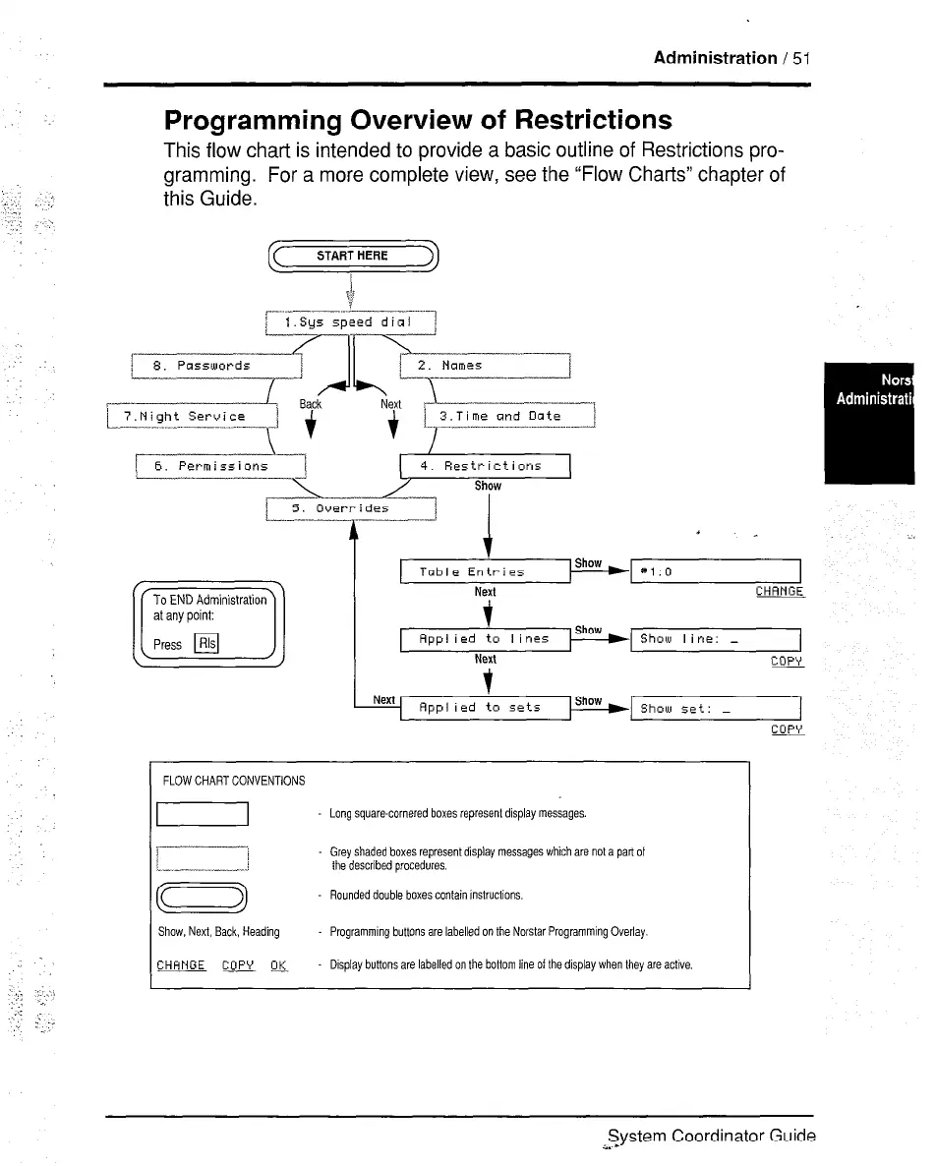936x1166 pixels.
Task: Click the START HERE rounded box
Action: (352, 257)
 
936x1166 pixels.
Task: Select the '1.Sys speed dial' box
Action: (351, 322)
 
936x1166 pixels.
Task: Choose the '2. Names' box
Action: (486, 366)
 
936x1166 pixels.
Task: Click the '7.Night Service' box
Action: (193, 417)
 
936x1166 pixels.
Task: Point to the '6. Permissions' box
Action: (221, 466)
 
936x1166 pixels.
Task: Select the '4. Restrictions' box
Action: (486, 466)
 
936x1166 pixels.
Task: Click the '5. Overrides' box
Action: (351, 509)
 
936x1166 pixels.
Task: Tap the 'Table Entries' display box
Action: (486, 571)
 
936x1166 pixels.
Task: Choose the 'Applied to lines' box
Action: (486, 639)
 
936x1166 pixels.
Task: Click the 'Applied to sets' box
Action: (486, 707)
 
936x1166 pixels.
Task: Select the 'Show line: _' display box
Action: (717, 639)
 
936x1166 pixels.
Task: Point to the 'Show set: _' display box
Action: (717, 707)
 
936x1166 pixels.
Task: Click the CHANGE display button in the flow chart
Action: (780, 592)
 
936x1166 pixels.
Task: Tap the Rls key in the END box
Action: (206, 645)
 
